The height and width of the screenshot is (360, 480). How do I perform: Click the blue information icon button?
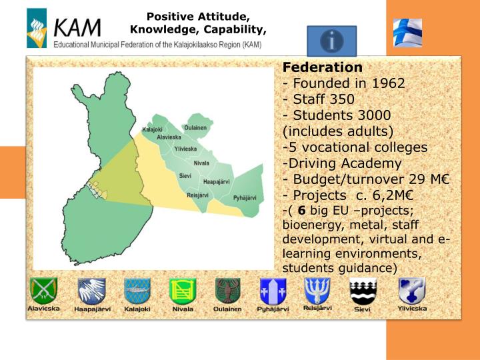coord(331,41)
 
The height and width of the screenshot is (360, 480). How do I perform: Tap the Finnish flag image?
coord(407,32)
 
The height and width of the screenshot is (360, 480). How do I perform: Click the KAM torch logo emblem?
coord(37,29)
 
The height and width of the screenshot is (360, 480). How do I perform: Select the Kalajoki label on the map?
coord(152,129)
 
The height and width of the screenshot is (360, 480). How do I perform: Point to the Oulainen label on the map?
coord(195,127)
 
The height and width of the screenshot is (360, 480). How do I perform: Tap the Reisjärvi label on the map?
coord(199,195)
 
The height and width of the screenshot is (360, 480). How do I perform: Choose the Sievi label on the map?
coord(185,175)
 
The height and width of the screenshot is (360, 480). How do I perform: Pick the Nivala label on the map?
coord(201,163)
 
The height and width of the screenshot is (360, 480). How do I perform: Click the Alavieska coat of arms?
coord(43,291)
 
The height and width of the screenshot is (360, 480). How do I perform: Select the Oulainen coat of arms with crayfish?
coord(227,291)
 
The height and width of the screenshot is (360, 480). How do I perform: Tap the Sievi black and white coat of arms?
coord(363,291)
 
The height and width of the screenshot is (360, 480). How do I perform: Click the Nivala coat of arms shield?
coord(182,291)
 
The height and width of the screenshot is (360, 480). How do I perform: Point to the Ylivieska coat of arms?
coord(411,291)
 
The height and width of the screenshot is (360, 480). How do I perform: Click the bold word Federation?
coord(323,67)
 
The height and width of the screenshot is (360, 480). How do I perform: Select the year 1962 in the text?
coord(388,84)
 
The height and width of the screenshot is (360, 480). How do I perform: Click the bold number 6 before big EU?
coord(301,211)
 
